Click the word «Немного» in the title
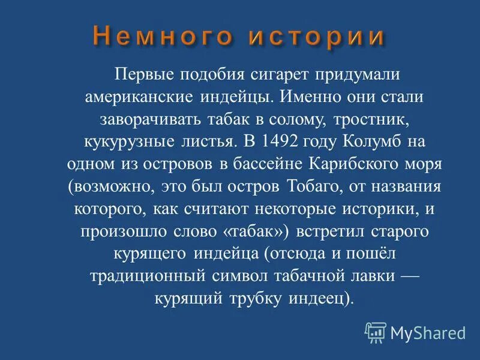[161, 36]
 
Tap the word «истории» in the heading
[317, 36]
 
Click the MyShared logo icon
[376, 332]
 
